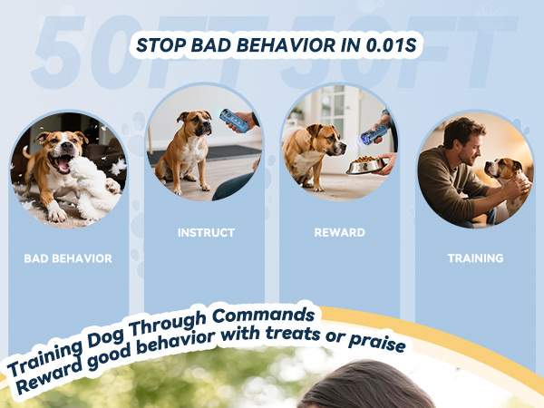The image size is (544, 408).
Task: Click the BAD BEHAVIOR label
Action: (68, 258)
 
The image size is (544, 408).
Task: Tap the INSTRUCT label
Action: (205, 233)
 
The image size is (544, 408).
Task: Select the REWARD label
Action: (340, 233)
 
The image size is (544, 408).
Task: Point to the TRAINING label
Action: (475, 258)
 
